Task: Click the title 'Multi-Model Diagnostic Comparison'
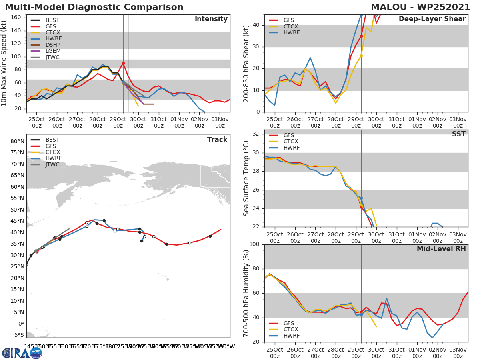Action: (94, 7)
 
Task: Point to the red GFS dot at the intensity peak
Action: (123, 64)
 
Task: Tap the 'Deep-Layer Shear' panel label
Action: (432, 19)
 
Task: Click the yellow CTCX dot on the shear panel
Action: (361, 56)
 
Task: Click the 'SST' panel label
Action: (459, 134)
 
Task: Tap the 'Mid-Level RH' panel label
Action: (441, 249)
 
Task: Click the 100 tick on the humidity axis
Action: (255, 244)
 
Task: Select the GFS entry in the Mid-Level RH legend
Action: (290, 323)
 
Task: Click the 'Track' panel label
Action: (217, 140)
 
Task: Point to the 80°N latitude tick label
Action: (17, 141)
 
